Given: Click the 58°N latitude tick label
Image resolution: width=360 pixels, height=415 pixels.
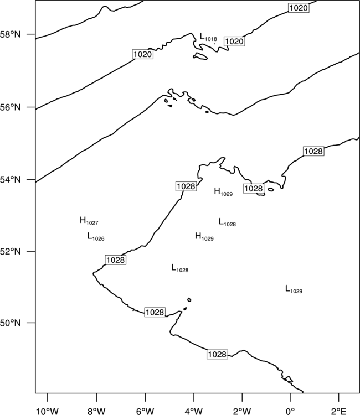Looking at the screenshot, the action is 11,34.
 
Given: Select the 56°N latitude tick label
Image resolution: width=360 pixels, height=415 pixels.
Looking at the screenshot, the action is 11,107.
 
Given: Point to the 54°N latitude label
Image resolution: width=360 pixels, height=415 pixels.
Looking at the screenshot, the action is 11,180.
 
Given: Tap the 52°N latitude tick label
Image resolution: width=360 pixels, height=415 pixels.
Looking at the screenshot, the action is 11,251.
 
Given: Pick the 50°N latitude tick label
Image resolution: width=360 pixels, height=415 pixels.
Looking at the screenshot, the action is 11,323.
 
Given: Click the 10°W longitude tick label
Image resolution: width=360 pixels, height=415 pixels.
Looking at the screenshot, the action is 48,411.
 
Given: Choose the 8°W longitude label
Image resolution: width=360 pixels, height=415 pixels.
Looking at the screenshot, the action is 96,411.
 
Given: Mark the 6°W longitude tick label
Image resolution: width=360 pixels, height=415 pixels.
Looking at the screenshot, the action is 145,411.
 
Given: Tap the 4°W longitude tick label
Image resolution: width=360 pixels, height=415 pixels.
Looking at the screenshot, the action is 194,411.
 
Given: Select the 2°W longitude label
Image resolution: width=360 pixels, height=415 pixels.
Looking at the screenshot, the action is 242,411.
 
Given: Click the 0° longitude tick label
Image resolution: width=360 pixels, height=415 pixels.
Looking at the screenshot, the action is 290,411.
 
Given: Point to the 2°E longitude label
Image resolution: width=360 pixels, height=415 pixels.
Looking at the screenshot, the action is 339,411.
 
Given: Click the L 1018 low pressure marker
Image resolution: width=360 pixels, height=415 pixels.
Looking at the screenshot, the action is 208,37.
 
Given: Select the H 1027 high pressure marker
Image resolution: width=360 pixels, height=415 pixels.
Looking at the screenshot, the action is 89,221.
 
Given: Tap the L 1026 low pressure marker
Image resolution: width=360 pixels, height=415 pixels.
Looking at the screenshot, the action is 96,237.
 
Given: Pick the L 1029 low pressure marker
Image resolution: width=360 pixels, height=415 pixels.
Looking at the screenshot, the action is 294,289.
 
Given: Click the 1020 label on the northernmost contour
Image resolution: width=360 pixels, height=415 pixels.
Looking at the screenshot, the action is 299,8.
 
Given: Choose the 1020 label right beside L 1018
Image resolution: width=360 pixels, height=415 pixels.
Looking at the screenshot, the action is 234,41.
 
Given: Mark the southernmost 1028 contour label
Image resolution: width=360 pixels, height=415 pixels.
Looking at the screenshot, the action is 217,354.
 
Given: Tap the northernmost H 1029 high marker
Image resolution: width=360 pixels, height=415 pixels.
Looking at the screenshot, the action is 223,192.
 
